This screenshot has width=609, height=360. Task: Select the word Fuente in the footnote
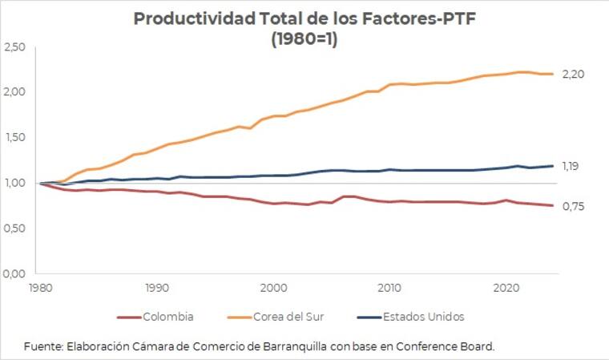tap(42, 346)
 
